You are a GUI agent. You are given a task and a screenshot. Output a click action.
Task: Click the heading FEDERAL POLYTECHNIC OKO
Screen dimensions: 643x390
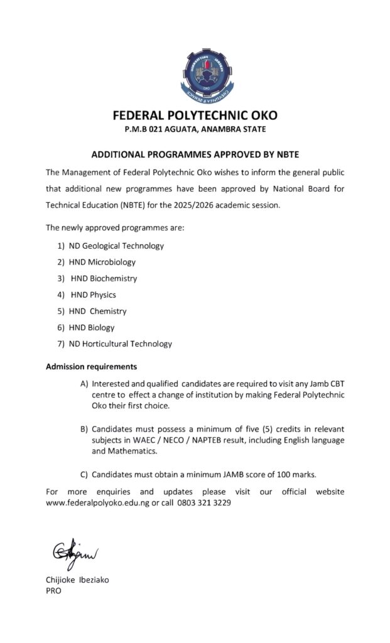pos(195,116)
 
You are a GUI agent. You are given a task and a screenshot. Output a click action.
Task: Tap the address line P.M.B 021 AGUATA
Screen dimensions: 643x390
pos(195,130)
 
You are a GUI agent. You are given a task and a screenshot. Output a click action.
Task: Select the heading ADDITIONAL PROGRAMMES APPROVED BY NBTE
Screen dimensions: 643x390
pos(195,153)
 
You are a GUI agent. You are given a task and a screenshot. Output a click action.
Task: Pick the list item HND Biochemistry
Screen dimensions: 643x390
pos(104,278)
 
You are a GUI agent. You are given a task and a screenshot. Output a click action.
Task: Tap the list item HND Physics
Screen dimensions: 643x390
pos(93,294)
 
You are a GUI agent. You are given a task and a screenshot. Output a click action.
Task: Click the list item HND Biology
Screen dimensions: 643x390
pos(92,327)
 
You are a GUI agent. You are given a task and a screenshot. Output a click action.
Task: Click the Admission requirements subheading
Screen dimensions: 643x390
pos(91,366)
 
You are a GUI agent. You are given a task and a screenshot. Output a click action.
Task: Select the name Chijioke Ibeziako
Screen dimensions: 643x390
pos(77,580)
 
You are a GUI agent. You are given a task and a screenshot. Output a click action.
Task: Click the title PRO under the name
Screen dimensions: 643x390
pos(54,591)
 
